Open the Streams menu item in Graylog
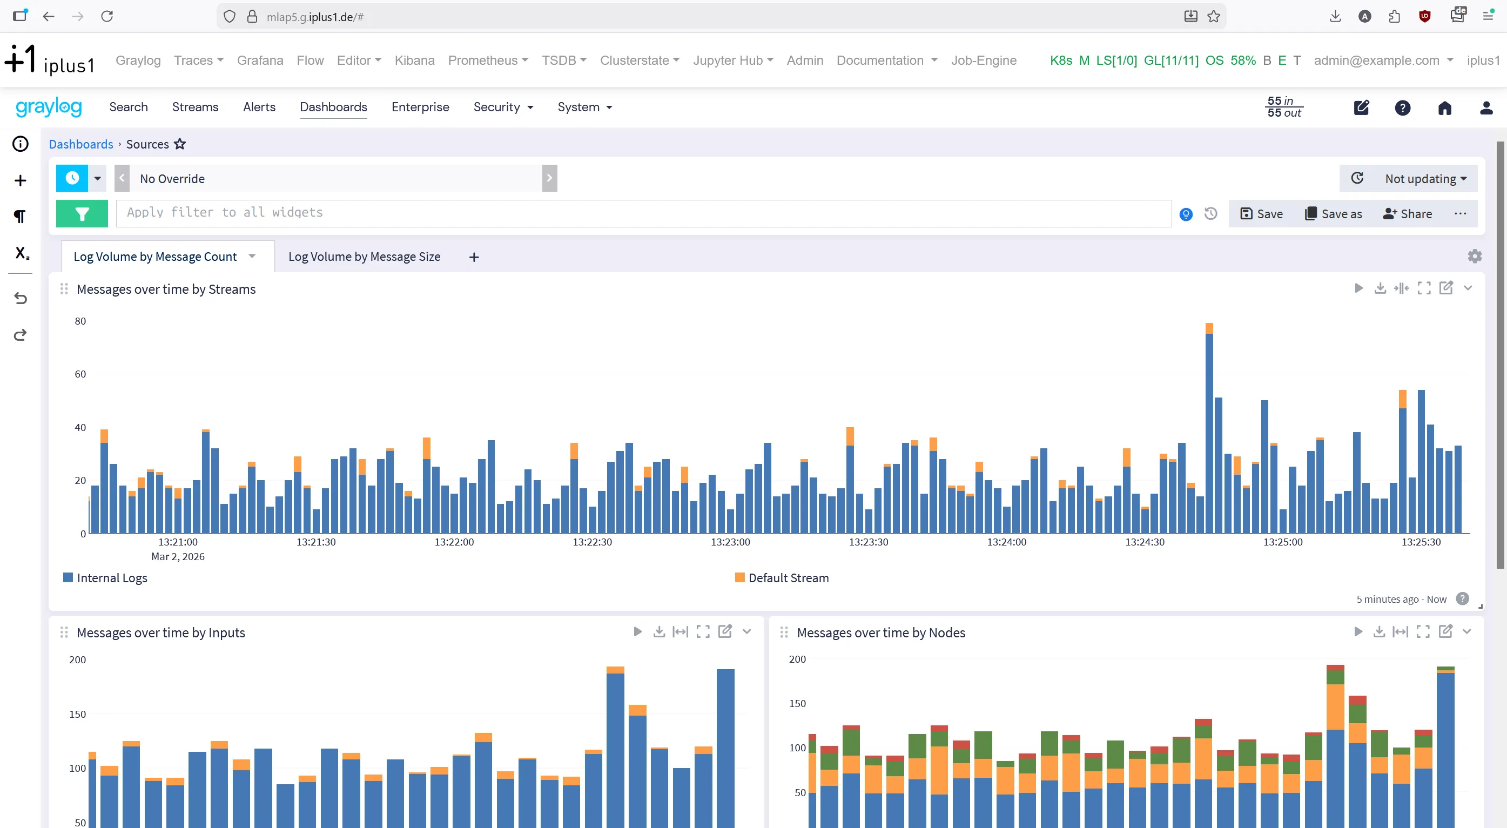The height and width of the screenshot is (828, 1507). tap(195, 107)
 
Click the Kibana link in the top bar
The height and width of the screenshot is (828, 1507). tap(414, 60)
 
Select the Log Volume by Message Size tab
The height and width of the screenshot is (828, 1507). tap(364, 257)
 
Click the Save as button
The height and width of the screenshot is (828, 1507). tap(1333, 213)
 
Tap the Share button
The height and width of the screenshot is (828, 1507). tap(1408, 213)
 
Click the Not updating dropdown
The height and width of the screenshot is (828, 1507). tap(1425, 178)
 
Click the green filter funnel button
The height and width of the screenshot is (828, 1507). tap(82, 213)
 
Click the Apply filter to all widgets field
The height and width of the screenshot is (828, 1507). tap(643, 213)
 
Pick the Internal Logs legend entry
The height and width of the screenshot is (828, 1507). tap(105, 578)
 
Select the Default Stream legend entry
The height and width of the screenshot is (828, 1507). tap(782, 578)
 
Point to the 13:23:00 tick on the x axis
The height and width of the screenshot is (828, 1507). tap(730, 542)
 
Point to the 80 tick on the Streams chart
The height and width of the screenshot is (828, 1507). tap(80, 321)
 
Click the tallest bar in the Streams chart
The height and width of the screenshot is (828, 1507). tap(1209, 433)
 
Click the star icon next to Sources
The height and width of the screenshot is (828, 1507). tap(180, 144)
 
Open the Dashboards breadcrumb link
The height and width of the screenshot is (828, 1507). tap(80, 144)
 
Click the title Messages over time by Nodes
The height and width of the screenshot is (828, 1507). tap(880, 632)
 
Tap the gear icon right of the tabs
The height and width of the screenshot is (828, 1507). tap(1474, 257)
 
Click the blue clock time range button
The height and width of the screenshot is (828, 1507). tap(72, 178)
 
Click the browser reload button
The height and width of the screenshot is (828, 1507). tap(107, 16)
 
